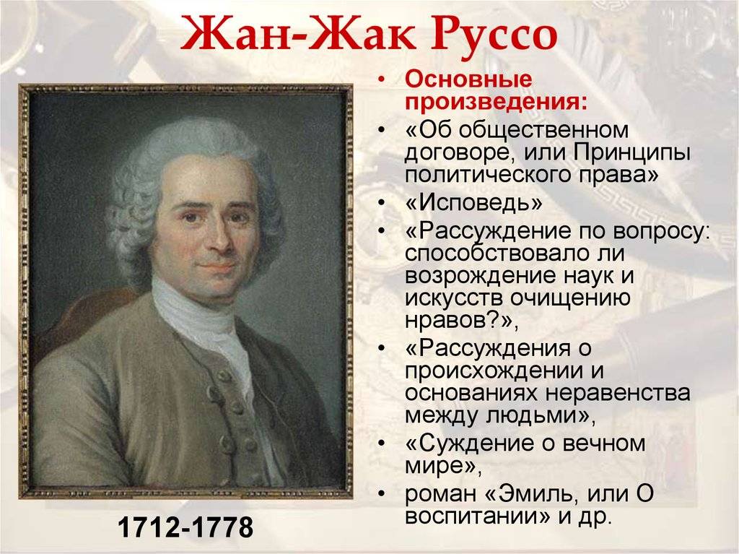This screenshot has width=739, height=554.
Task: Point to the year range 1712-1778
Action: tap(185, 528)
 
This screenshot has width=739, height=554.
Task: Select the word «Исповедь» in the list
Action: tap(473, 203)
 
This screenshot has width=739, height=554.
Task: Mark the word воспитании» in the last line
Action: tap(473, 516)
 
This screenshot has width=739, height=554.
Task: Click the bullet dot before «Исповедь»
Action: tap(381, 204)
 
